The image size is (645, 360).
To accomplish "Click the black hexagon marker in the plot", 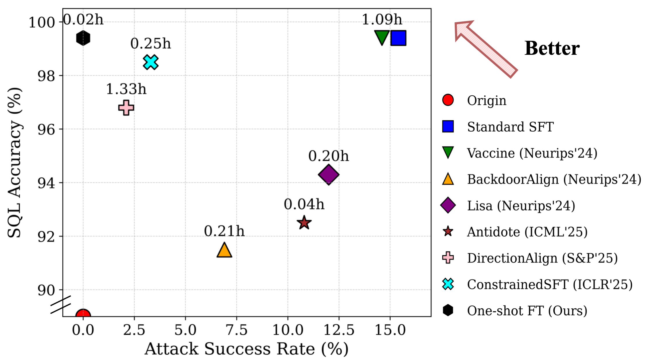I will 83,38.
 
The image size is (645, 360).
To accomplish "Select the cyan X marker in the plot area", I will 151,62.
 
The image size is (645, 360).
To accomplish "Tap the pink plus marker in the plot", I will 126,108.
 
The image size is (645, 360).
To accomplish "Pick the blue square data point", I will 398,38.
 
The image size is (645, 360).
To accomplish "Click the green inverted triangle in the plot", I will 382,37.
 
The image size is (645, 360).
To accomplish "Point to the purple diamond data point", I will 329,174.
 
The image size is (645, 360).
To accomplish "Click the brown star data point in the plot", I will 304,223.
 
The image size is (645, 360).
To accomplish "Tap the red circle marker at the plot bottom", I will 83,314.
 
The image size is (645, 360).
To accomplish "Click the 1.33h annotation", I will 126,89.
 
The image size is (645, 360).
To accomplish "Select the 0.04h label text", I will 304,204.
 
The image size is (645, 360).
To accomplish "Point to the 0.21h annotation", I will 224,231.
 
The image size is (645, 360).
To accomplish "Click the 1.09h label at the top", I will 382,20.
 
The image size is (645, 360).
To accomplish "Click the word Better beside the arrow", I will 552,48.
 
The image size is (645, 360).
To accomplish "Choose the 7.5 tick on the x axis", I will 236,330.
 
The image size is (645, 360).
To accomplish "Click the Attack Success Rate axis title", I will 247,349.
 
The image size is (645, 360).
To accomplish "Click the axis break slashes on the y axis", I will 61,305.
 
